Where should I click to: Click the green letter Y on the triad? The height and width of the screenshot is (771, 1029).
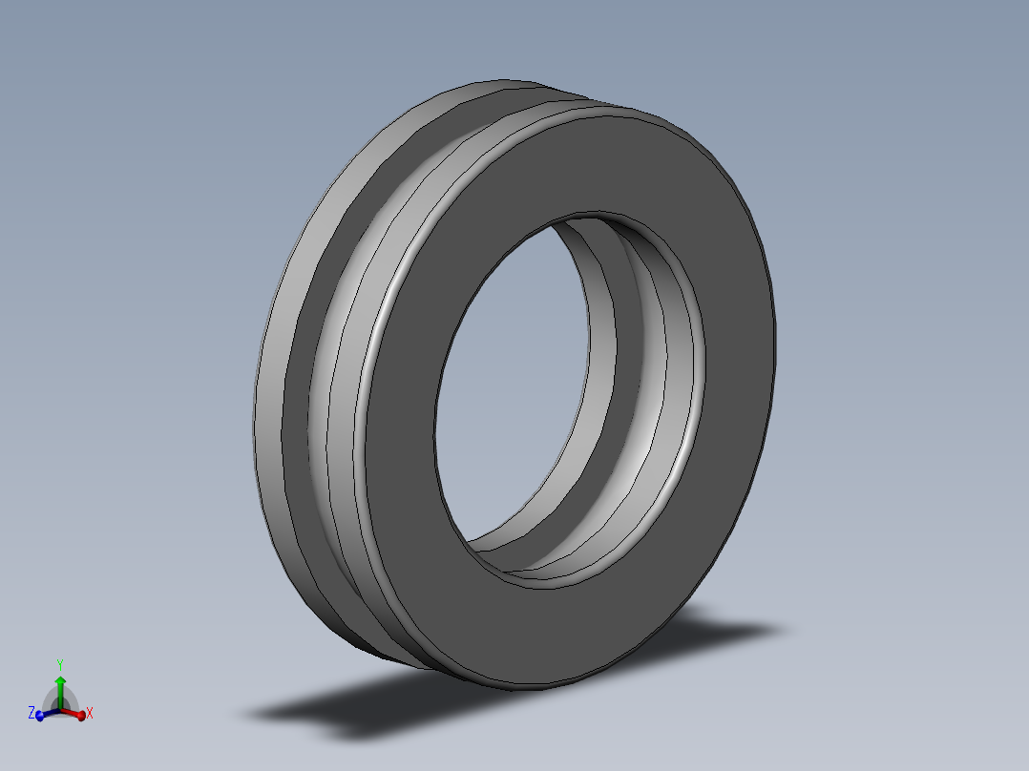coord(59,663)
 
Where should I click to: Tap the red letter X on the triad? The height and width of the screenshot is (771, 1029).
coord(90,713)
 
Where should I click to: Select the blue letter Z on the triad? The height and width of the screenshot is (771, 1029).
coord(31,713)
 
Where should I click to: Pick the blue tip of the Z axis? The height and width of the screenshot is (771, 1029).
coord(40,716)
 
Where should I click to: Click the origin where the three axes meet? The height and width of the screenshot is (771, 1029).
coord(59,709)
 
